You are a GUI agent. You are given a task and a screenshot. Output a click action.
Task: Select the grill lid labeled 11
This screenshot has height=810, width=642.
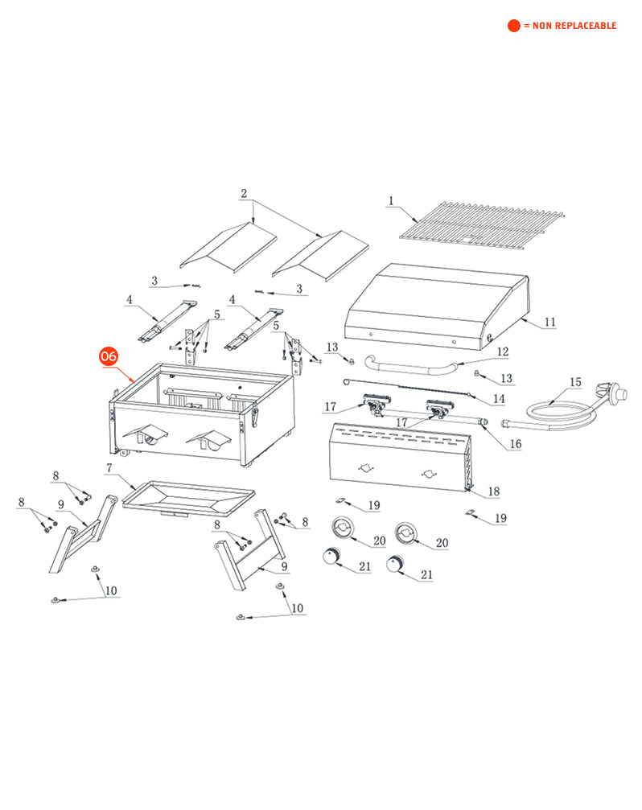[434, 306]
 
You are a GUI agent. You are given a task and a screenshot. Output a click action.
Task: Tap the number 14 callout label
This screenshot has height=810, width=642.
[499, 398]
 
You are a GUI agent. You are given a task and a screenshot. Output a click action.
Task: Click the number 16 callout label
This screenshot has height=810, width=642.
[515, 444]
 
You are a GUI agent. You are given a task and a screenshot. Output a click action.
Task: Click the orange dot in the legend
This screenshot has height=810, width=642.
[514, 26]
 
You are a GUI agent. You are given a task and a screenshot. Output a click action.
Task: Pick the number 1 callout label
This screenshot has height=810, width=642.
[391, 200]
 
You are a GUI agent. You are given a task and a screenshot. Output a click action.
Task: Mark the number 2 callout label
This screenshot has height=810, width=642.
[244, 193]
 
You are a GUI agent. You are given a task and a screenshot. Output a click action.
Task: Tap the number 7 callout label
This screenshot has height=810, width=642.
[109, 467]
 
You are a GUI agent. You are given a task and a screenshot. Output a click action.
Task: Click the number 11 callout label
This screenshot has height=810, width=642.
[550, 323]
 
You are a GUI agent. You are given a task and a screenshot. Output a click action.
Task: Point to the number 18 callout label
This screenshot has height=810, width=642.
[494, 491]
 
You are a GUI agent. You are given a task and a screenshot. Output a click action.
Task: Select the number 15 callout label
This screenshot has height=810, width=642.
[575, 382]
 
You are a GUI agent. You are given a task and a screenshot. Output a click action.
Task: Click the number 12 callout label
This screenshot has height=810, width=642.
[503, 352]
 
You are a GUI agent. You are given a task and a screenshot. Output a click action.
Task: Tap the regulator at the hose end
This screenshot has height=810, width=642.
[615, 394]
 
